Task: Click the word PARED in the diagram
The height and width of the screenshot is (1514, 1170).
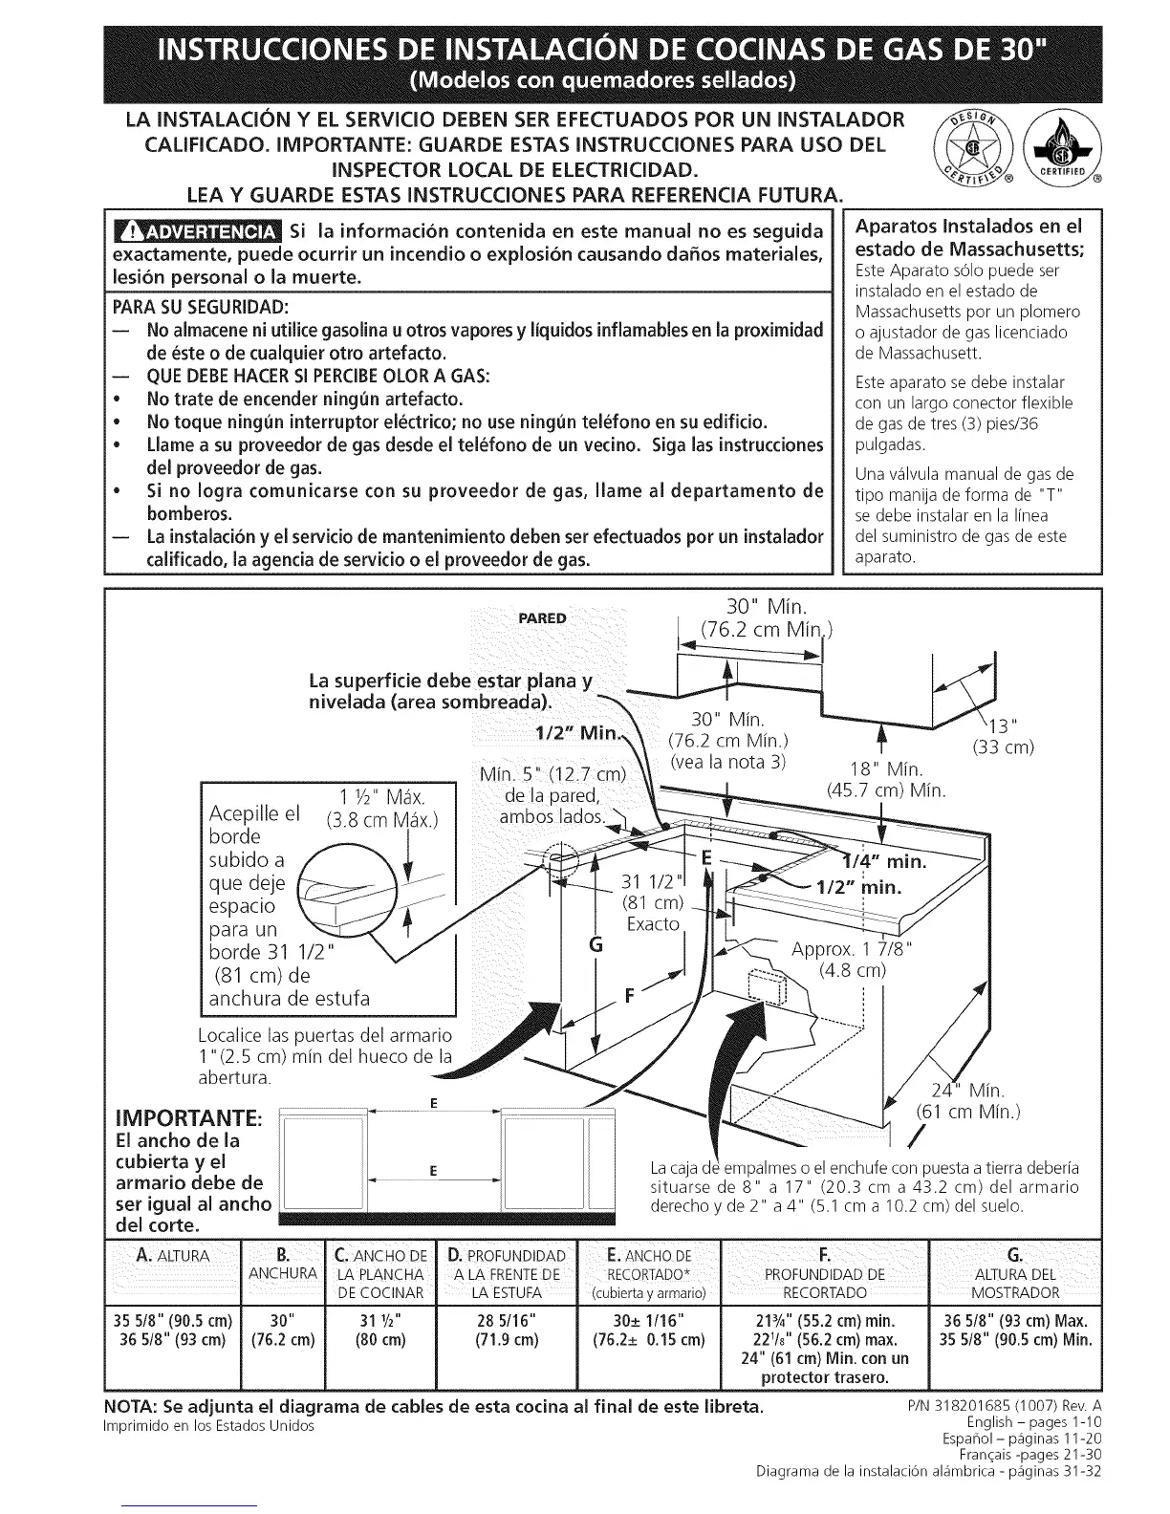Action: pos(542,617)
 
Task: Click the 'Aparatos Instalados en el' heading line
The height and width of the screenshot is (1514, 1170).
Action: pos(969,227)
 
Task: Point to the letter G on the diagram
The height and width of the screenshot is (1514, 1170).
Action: pos(596,945)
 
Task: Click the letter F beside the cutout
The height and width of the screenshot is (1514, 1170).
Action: pos(630,994)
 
